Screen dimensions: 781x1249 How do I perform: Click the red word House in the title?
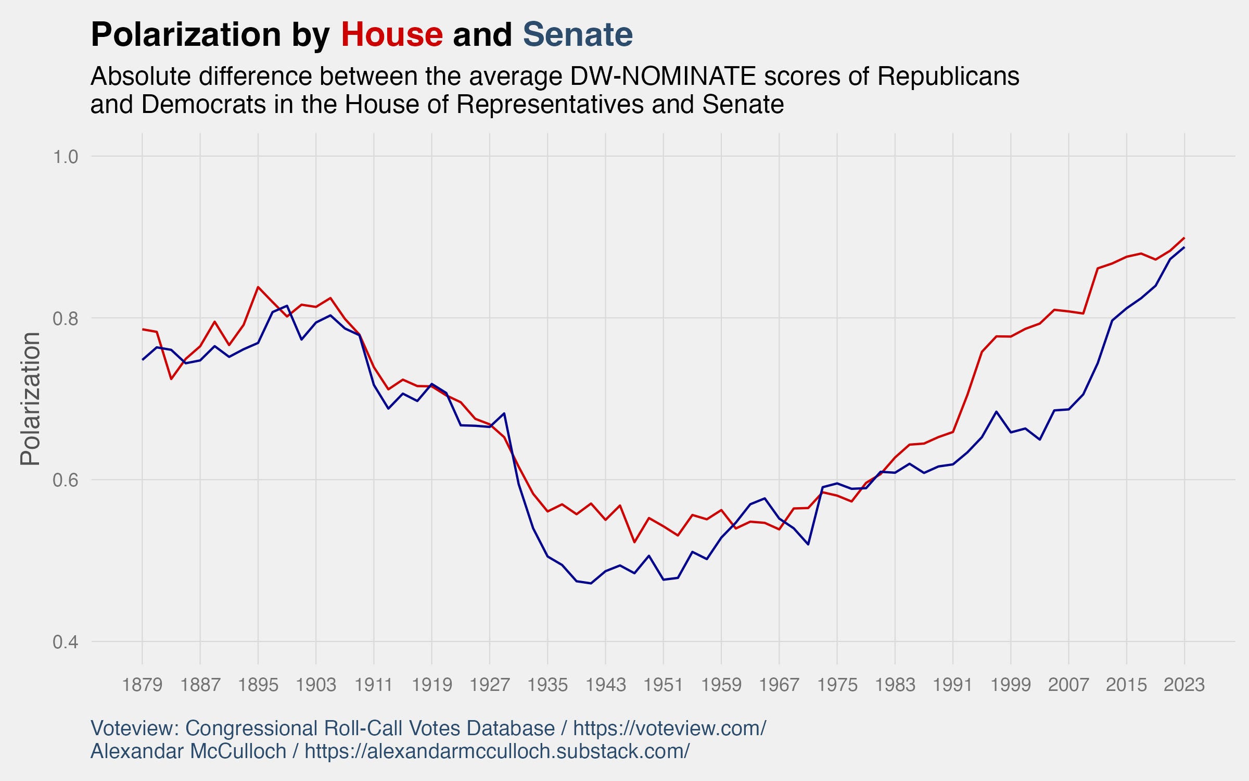(x=391, y=35)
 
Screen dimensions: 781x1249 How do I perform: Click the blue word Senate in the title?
(x=578, y=35)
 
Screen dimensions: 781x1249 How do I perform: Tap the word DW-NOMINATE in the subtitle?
(x=663, y=77)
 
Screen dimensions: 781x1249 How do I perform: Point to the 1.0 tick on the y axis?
(x=65, y=157)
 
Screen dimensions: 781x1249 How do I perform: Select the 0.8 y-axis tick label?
(x=65, y=319)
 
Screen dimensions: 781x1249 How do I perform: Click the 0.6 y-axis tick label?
(x=65, y=480)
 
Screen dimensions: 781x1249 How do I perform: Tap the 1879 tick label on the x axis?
(x=142, y=684)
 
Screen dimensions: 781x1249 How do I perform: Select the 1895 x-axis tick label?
(x=258, y=684)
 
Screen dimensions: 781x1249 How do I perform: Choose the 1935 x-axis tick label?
(x=547, y=684)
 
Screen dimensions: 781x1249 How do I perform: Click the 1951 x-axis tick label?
(x=663, y=684)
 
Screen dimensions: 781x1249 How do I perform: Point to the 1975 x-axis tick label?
(x=837, y=684)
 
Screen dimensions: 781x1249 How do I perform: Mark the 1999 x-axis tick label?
(x=1011, y=684)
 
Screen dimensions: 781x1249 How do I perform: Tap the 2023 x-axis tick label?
(x=1184, y=684)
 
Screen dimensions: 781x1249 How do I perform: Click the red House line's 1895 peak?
(x=258, y=287)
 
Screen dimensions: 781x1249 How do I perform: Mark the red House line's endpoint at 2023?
(x=1184, y=238)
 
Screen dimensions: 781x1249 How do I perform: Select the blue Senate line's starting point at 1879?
(x=143, y=360)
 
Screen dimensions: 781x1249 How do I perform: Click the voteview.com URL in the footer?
(x=669, y=728)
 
